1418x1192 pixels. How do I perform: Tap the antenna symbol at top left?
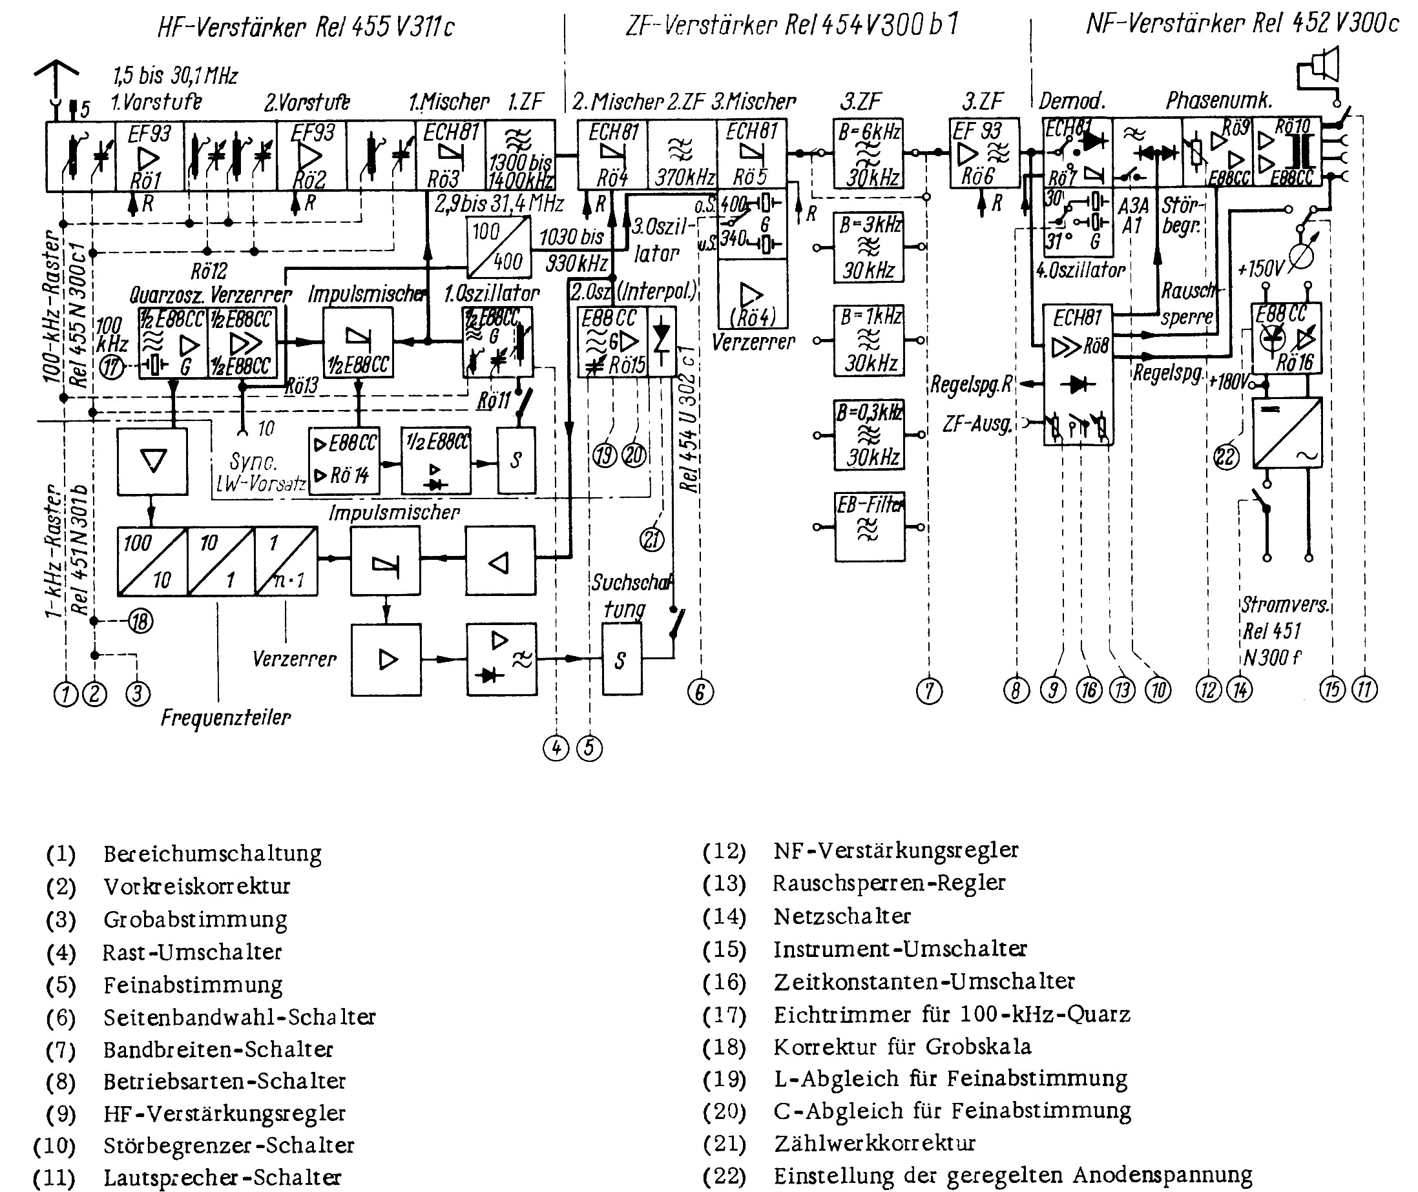pos(56,77)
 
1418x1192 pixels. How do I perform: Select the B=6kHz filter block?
pos(869,155)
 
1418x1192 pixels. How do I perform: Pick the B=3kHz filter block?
pos(869,247)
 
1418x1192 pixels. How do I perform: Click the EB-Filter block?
pos(869,527)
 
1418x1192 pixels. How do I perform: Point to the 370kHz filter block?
pos(682,155)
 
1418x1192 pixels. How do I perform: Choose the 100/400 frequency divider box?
pos(498,246)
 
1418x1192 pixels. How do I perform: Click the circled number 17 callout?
pos(111,367)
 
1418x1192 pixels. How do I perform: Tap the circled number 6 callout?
pos(700,692)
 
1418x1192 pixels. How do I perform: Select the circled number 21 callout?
pos(652,539)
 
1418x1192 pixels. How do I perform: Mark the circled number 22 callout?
pos(1225,457)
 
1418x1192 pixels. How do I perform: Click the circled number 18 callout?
pos(141,621)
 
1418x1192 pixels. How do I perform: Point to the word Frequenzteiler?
pos(225,717)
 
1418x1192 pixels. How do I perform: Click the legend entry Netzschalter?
pos(842,916)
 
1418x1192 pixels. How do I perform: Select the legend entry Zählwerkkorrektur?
pos(875,1144)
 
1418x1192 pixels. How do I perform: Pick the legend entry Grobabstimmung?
pos(194,920)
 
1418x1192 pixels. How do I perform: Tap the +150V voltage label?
pos(1260,269)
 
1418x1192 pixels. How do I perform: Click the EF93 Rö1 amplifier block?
pos(148,156)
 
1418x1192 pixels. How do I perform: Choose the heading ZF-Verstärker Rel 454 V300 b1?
pos(791,26)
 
